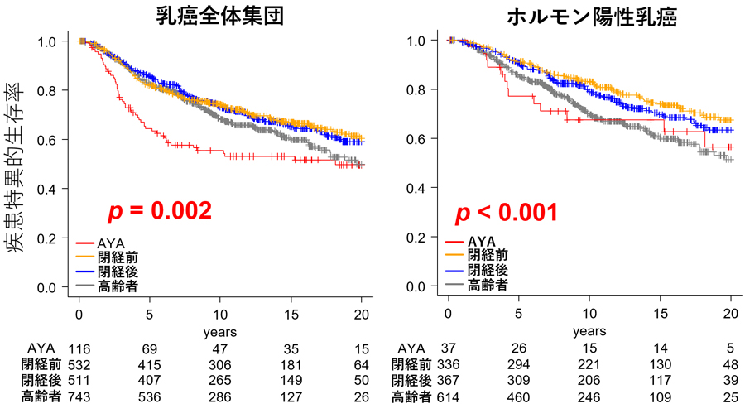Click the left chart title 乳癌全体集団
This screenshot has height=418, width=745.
[x=220, y=16]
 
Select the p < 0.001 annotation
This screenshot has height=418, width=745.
[x=506, y=214]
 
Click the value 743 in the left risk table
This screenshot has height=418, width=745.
[x=79, y=396]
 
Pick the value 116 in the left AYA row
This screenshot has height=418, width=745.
[x=79, y=348]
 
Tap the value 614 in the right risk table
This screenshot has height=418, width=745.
[x=449, y=396]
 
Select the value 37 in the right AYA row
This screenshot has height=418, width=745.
[x=449, y=348]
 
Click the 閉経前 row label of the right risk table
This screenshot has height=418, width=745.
[x=410, y=364]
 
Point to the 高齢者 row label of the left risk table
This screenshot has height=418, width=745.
[x=41, y=396]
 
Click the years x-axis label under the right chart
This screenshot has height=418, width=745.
[x=589, y=331]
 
